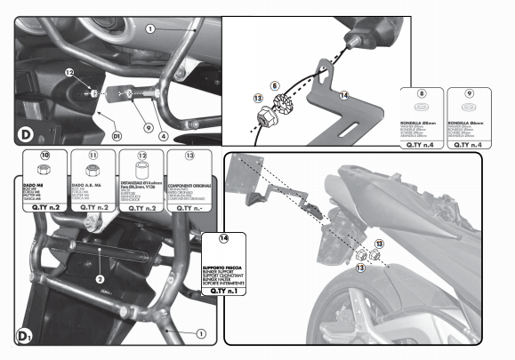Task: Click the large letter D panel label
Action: coord(27,134)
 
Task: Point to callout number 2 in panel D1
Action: coord(100,278)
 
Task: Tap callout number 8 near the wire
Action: coord(275,85)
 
